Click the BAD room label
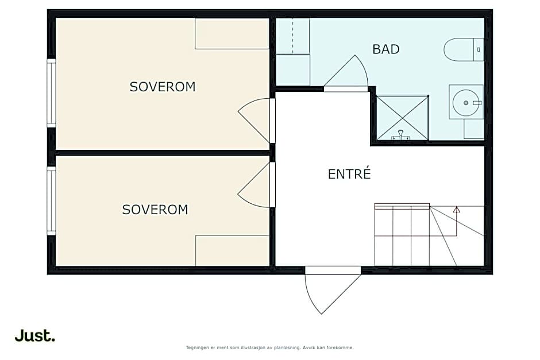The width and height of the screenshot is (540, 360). [386, 49]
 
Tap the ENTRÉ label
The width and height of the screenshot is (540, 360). [349, 174]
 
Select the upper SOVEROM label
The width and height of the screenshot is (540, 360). [162, 87]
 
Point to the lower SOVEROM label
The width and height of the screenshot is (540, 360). [155, 210]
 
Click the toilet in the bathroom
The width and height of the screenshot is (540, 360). [464, 50]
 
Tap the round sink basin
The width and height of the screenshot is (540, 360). [466, 103]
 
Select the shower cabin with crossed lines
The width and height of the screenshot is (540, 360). [402, 118]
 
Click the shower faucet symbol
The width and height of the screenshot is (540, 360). [400, 136]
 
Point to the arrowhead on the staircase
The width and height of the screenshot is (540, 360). [457, 209]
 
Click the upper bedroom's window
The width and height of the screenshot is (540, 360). [51, 93]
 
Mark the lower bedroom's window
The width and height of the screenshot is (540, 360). [51, 200]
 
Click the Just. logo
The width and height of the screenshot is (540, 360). [35, 335]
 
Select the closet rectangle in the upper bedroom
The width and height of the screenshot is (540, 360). [232, 33]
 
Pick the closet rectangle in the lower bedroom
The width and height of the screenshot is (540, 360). [232, 250]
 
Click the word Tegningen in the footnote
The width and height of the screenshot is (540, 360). [198, 347]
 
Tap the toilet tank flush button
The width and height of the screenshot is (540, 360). [479, 50]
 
